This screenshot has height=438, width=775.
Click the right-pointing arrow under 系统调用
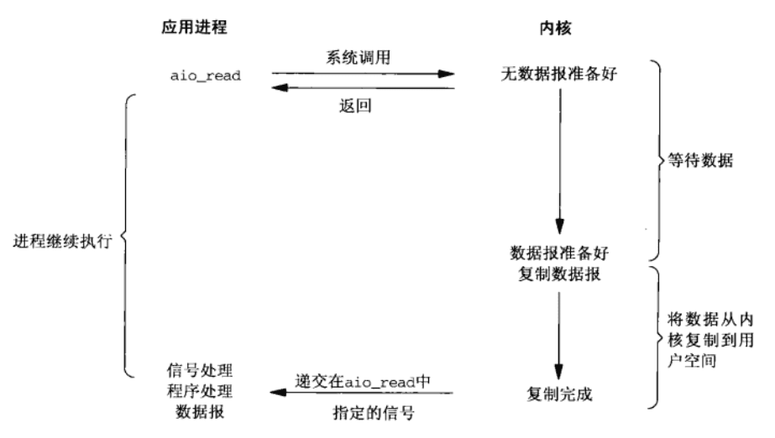pyautogui.click(x=362, y=74)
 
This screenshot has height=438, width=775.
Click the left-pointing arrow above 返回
pyautogui.click(x=362, y=87)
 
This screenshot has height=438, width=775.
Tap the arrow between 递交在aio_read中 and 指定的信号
pyautogui.click(x=362, y=393)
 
